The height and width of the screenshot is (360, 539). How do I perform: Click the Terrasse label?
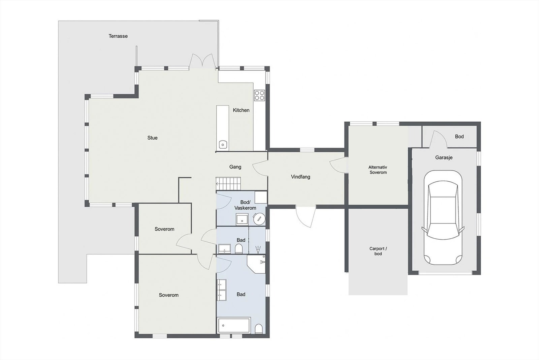pyautogui.click(x=118, y=36)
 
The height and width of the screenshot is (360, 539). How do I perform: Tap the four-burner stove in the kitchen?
pyautogui.click(x=259, y=95)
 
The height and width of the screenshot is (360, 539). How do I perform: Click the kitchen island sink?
pyautogui.click(x=222, y=145)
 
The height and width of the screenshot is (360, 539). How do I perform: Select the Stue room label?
pyautogui.click(x=152, y=138)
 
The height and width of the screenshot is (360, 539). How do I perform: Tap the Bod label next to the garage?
pyautogui.click(x=459, y=137)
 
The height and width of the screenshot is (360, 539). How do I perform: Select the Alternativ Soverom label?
pyautogui.click(x=378, y=170)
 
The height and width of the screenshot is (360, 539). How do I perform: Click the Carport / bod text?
pyautogui.click(x=378, y=251)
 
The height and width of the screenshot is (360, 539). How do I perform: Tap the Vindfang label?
pyautogui.click(x=300, y=177)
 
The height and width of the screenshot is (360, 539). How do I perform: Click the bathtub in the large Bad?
pyautogui.click(x=233, y=326)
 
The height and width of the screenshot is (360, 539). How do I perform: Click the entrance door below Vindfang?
pyautogui.click(x=306, y=216)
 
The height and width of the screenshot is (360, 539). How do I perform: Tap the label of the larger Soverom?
pyautogui.click(x=168, y=295)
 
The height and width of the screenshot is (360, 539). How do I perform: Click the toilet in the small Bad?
pyautogui.click(x=239, y=249)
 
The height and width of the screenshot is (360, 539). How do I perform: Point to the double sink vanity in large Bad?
pyautogui.click(x=222, y=290)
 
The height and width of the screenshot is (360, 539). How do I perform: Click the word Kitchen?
pyautogui.click(x=241, y=110)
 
